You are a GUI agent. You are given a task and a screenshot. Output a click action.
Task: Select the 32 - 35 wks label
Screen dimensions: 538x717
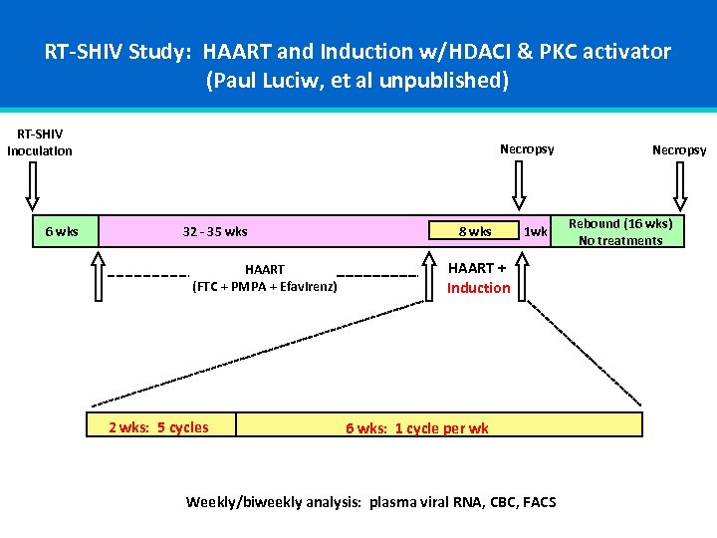[215, 232]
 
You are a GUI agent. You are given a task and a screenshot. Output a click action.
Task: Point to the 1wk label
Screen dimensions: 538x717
[536, 232]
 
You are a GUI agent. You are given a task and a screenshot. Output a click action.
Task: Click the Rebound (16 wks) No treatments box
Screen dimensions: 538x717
[620, 232]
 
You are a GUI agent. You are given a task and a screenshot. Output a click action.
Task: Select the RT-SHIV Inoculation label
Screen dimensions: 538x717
[40, 142]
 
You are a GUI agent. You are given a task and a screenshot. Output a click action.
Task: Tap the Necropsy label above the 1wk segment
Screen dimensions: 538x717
[527, 149]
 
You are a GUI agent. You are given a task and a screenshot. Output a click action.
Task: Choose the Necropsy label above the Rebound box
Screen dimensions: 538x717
[679, 150]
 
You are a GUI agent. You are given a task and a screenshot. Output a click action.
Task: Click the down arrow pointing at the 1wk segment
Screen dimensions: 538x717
[518, 184]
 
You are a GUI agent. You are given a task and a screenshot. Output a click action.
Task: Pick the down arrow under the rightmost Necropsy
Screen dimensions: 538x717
[679, 184]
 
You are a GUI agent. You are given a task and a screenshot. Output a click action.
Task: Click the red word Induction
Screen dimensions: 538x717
[478, 288]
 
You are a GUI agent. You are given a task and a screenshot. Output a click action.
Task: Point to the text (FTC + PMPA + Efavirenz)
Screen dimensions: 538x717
[265, 287]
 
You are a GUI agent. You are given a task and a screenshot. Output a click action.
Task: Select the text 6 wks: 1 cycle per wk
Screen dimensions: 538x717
[417, 428]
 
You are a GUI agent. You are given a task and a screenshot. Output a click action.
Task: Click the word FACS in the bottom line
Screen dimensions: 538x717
[537, 502]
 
